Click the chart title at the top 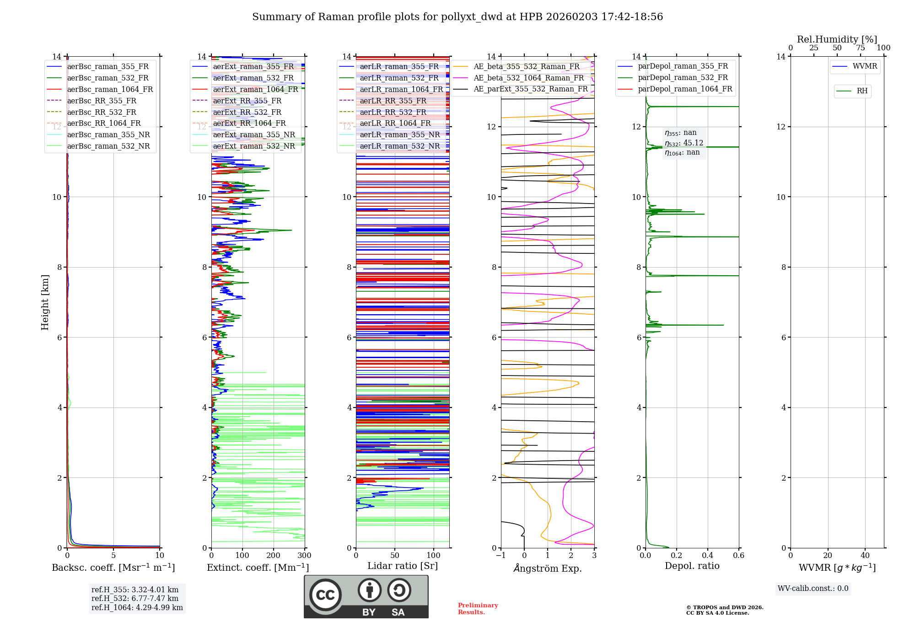[457, 17]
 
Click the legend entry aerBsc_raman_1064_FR [110, 89]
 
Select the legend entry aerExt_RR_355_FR [247, 101]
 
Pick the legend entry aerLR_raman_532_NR [399, 146]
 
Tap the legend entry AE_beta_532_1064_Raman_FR [528, 78]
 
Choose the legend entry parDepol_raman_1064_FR [685, 89]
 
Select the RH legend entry [862, 91]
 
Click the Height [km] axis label [45, 302]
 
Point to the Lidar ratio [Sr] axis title [403, 566]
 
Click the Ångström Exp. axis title [548, 568]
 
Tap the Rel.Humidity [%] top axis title [837, 39]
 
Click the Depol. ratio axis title [692, 566]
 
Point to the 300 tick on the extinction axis [304, 556]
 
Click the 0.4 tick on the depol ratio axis [707, 556]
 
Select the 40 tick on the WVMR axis [865, 556]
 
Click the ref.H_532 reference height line [135, 598]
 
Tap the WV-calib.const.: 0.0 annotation [813, 589]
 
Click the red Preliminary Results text [478, 609]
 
